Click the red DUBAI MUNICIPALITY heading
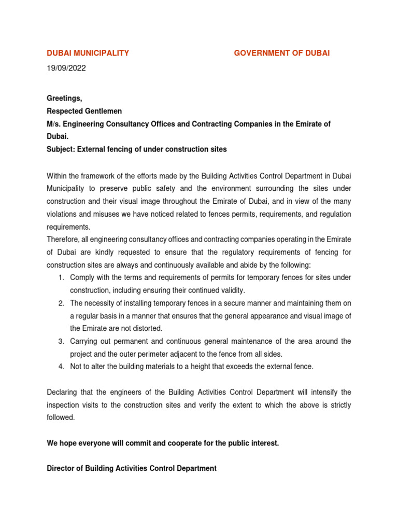pyautogui.click(x=88, y=53)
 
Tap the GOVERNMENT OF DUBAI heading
pyautogui.click(x=281, y=53)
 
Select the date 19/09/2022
pyautogui.click(x=66, y=68)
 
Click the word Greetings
pyautogui.click(x=64, y=98)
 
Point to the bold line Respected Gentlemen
pyautogui.click(x=84, y=111)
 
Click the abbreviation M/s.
pyautogui.click(x=54, y=124)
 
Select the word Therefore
pyautogui.click(x=65, y=239)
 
